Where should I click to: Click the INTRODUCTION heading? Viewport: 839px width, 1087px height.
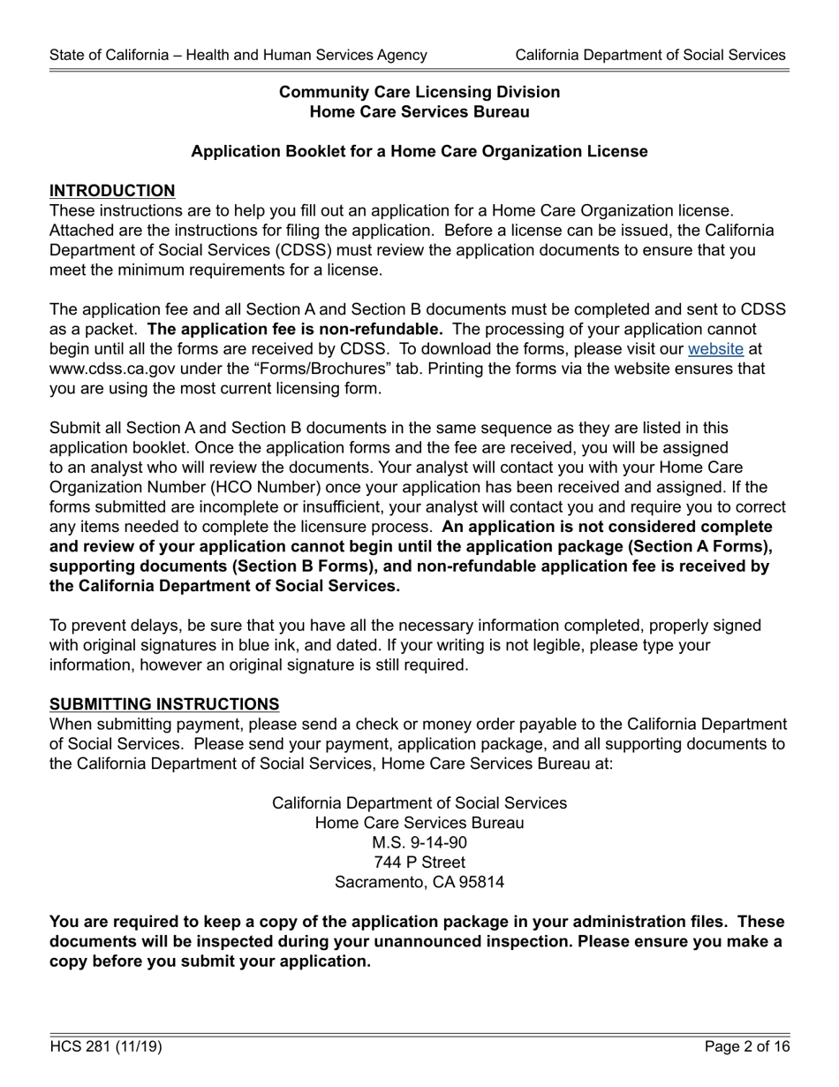(x=112, y=191)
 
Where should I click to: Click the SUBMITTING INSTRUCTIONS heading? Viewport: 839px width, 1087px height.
(x=164, y=703)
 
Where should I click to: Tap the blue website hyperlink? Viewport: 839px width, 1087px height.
(x=715, y=349)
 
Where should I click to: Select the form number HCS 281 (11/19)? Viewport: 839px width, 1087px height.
(x=106, y=1047)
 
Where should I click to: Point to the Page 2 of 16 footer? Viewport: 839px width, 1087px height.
(x=747, y=1047)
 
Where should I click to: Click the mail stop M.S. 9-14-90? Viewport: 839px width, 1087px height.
(x=419, y=842)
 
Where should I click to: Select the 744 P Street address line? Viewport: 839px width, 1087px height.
(x=419, y=862)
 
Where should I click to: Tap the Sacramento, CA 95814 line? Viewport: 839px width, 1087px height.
(x=419, y=882)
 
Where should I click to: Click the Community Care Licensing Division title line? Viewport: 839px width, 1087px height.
(x=419, y=92)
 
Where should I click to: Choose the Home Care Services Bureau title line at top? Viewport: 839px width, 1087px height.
(x=419, y=112)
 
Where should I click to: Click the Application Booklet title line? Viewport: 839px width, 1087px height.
(x=419, y=151)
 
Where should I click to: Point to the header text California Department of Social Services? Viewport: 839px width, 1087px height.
(x=650, y=55)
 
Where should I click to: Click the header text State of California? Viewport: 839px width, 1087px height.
(x=238, y=55)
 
